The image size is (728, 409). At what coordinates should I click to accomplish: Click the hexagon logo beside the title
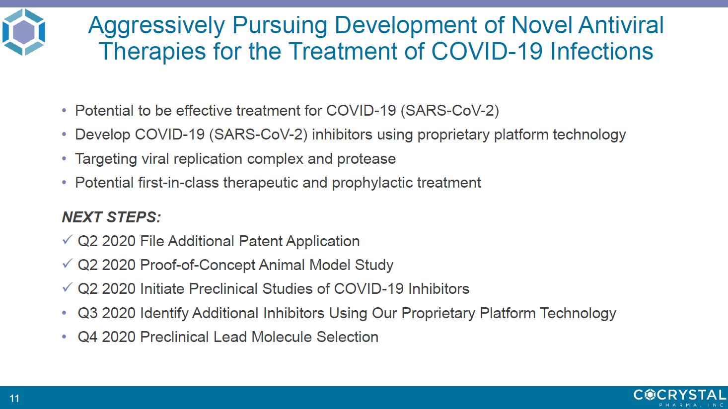pyautogui.click(x=24, y=32)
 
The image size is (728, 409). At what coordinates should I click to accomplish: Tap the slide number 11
pyautogui.click(x=14, y=398)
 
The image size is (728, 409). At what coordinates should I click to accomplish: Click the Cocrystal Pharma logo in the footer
pyautogui.click(x=680, y=398)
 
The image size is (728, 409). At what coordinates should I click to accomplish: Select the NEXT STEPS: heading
pyautogui.click(x=111, y=217)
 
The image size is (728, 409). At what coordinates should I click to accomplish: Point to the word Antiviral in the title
pyautogui.click(x=621, y=25)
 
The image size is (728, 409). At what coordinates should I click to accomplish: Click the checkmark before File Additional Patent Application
pyautogui.click(x=67, y=240)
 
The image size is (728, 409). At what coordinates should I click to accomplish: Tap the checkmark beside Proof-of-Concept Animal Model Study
pyautogui.click(x=67, y=264)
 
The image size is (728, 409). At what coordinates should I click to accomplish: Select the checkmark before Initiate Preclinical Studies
pyautogui.click(x=67, y=287)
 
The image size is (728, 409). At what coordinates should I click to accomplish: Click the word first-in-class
pyautogui.click(x=178, y=183)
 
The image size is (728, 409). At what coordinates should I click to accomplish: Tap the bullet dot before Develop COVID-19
pyautogui.click(x=64, y=135)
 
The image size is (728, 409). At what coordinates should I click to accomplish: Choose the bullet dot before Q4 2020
pyautogui.click(x=64, y=337)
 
